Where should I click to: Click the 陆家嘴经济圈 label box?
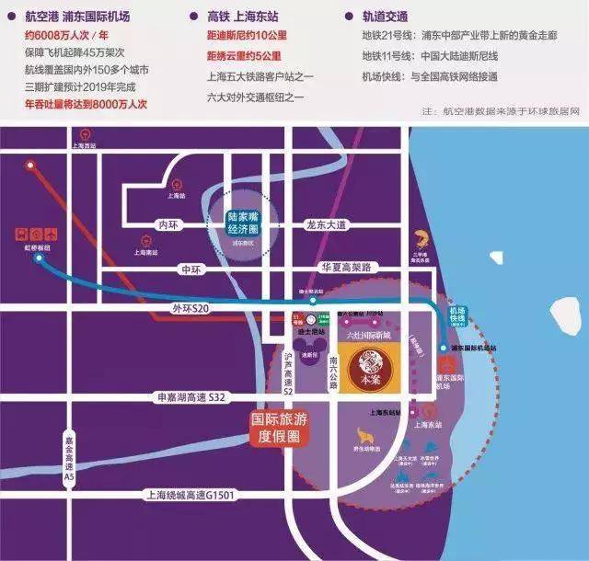(x=248, y=223)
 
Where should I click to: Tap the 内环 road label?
(x=166, y=223)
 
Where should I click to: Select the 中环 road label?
(x=191, y=269)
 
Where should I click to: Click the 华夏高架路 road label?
(x=345, y=268)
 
